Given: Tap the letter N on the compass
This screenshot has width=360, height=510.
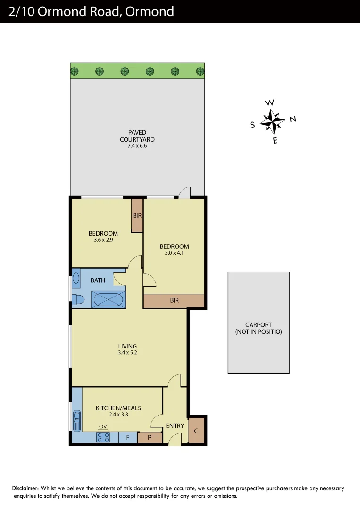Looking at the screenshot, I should coord(293,119).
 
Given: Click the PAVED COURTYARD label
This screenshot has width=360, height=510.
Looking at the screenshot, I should coord(137,136).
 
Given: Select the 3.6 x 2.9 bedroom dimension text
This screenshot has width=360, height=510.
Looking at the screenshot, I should coord(103,240).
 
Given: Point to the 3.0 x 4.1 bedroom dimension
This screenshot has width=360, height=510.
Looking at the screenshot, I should coord(174,253).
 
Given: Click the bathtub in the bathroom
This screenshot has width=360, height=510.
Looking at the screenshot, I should coord(109,299).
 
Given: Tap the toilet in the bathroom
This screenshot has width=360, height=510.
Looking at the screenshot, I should coord(77,299).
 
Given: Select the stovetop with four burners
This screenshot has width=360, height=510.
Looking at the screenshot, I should coord(103,437).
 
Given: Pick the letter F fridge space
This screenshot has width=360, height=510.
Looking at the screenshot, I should coord(127,438).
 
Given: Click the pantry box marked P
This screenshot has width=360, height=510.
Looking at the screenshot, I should coord(150,438).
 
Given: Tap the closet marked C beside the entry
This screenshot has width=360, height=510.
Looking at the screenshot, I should coord(196,431).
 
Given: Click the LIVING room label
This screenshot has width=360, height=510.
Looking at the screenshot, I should coord(127,346).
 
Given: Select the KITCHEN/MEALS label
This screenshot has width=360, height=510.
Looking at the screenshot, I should coord(118,408).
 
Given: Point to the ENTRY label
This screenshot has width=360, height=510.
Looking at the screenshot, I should coord(175,426).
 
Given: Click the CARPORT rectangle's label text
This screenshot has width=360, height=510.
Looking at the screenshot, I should coord(259,328).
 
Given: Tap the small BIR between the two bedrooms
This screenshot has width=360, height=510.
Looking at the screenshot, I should coord(137,216).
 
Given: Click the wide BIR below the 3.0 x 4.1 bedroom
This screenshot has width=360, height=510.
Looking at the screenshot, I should coord(174,300).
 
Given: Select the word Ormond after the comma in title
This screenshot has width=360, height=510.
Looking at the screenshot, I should coord(151,11).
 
